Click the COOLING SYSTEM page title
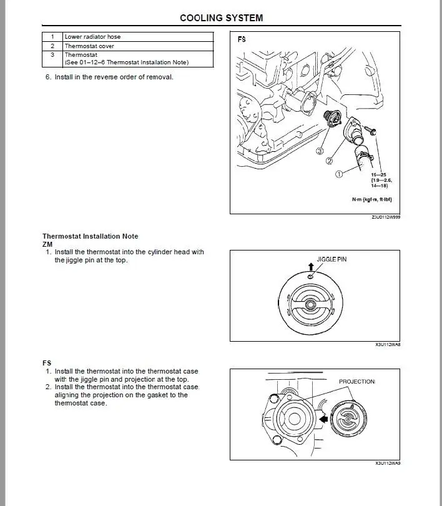coord(221,18)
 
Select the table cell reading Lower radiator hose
coord(93,37)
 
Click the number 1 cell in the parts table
coord(52,37)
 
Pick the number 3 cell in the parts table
coord(52,55)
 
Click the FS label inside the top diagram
coord(242,39)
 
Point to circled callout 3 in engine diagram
coord(319,151)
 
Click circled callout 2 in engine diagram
coord(329,161)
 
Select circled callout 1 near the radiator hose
coord(338,175)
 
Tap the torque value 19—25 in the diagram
coord(378,175)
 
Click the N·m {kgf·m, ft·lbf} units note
coord(371,199)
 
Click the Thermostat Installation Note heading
coord(91,236)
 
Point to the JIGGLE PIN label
coord(331,259)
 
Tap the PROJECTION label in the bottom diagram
coord(356,381)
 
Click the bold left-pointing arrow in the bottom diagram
coord(323,419)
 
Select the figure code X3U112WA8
coord(388,344)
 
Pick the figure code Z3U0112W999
coord(385,217)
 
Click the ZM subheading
coord(47,244)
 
